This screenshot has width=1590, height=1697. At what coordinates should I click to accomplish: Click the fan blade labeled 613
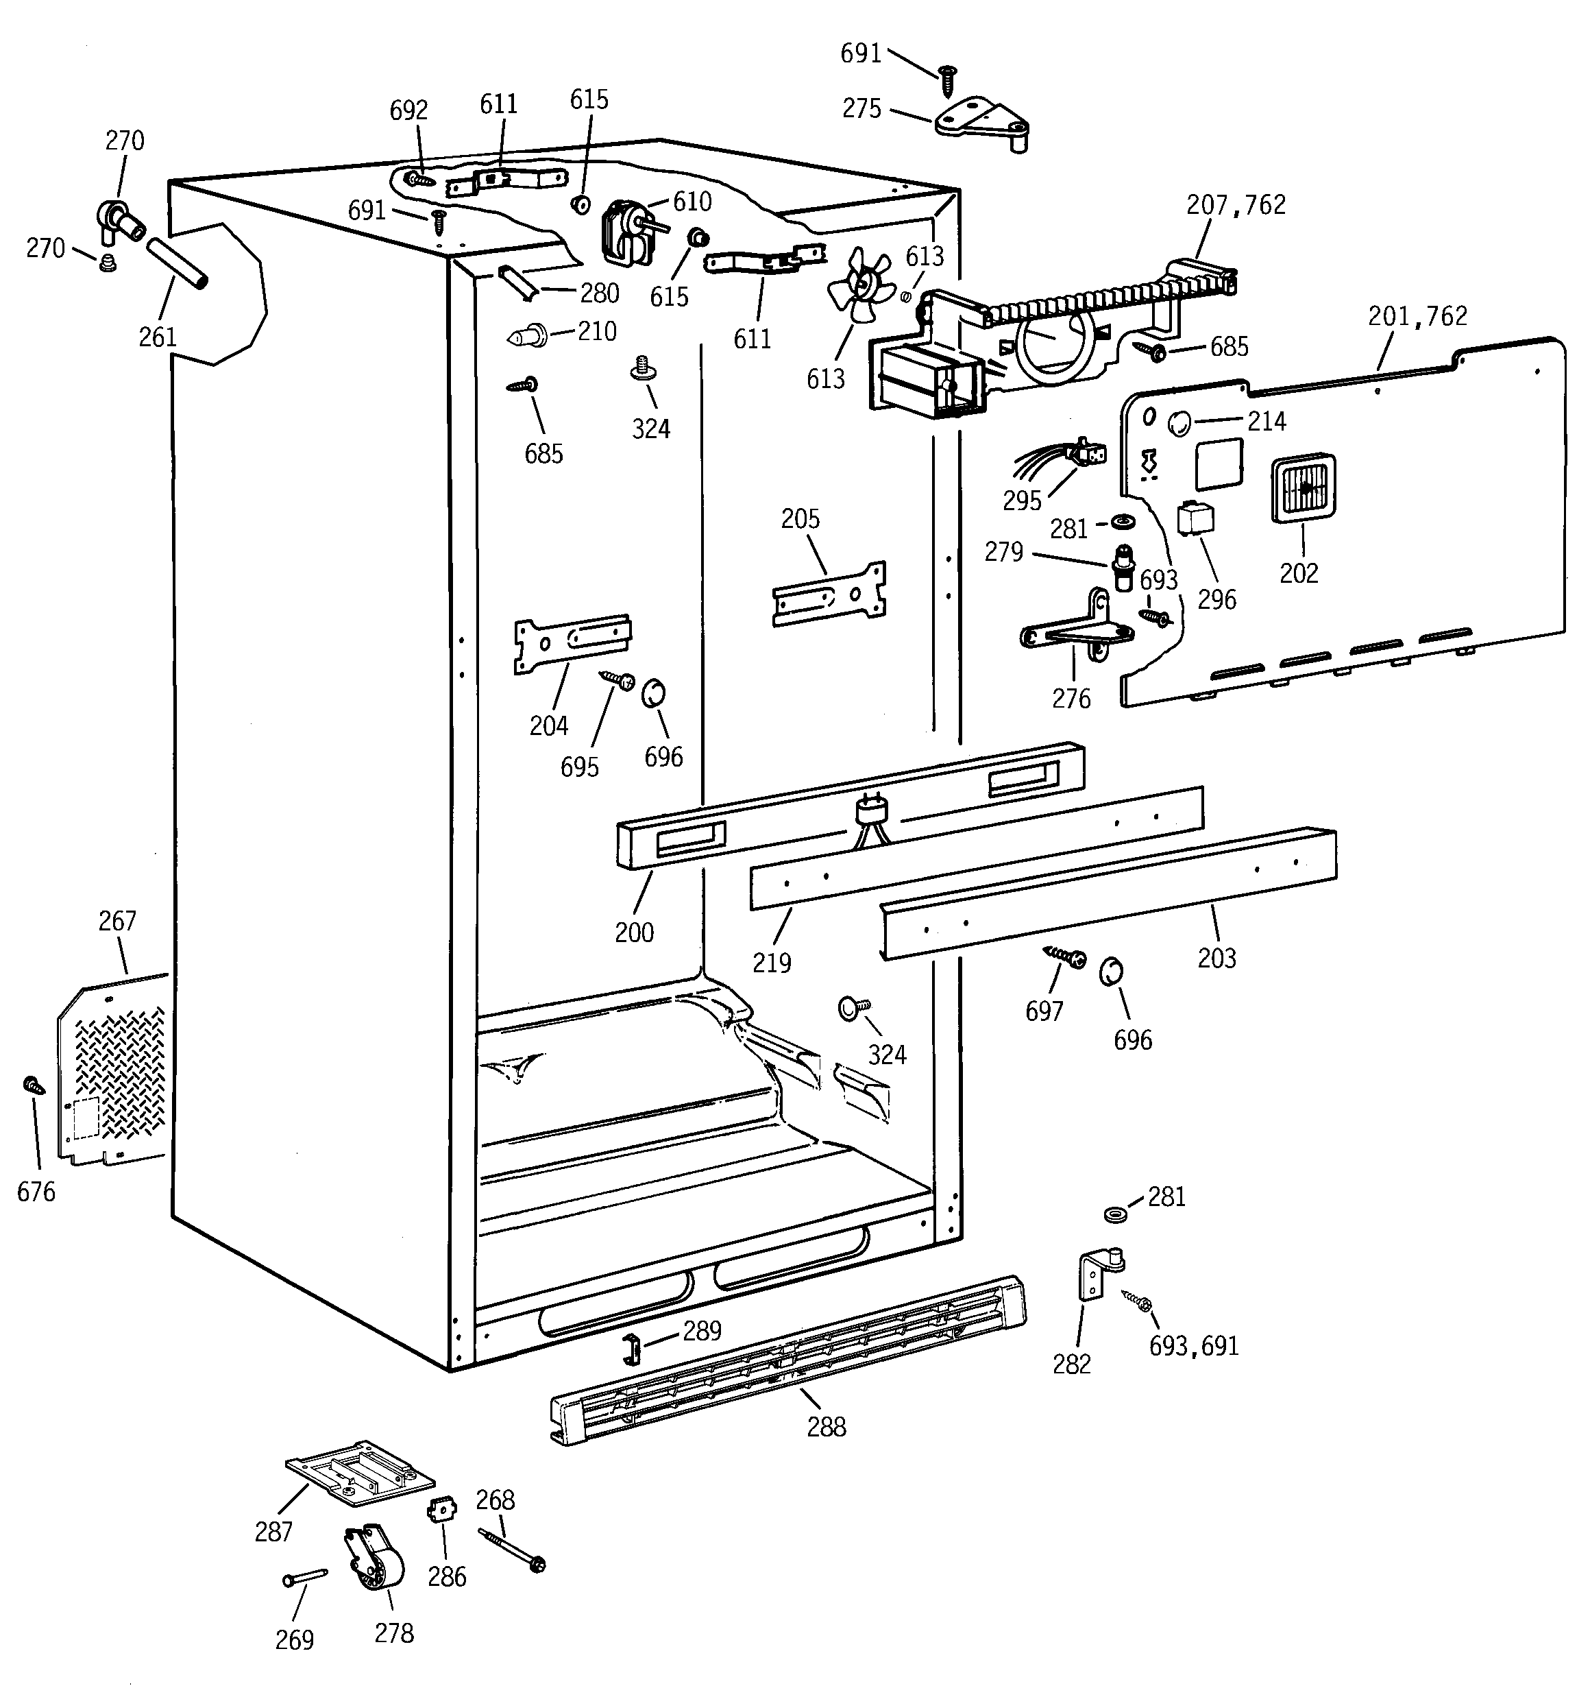coord(859,285)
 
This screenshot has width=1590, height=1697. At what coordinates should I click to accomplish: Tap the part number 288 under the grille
coord(826,1426)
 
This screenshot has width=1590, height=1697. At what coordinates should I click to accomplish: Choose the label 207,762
coord(1236,205)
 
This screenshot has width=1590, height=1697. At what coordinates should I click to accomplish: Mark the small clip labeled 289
coord(631,1345)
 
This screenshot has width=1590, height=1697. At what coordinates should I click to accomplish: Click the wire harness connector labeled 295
coord(1086,453)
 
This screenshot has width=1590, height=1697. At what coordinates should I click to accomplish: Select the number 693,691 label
coord(1193,1346)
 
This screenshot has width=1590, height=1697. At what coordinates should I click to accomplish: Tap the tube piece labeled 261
coord(177,265)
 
